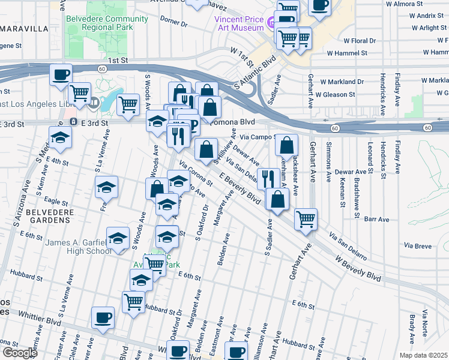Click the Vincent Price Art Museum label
pos(239,23)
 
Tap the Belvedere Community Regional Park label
pos(107,23)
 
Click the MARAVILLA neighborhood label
pos(24,28)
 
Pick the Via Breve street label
pos(418,246)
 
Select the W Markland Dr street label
pos(342,81)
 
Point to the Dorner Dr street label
pos(174,23)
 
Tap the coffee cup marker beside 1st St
pos(61,74)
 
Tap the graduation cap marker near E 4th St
pos(59,139)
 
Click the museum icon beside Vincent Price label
pos(272,23)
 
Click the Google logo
pos(19,353)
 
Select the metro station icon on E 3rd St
pos(73,122)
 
